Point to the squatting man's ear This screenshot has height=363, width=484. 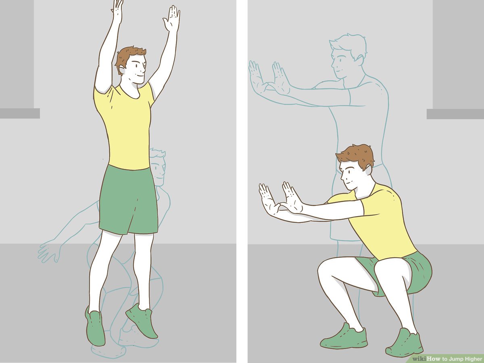368,169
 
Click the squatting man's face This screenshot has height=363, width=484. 349,173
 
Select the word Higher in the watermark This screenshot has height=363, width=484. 469,359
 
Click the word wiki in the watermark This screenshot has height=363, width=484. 419,359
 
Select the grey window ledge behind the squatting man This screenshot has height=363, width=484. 455,114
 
